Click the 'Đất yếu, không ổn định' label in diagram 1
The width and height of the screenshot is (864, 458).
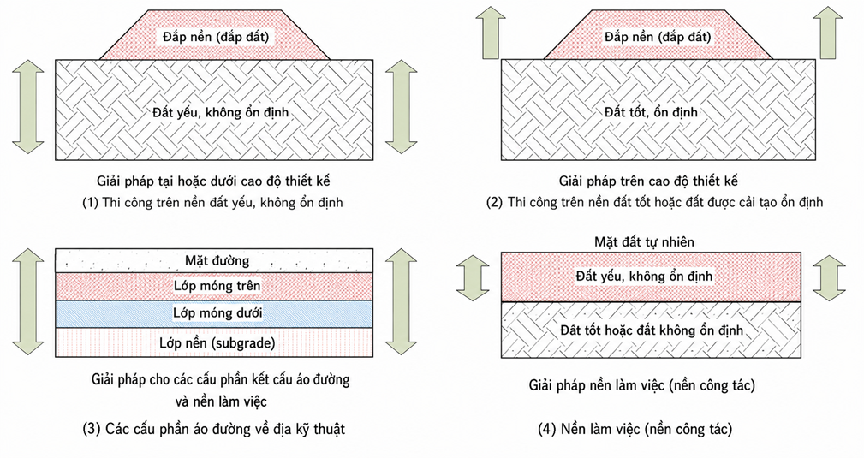coord(221,112)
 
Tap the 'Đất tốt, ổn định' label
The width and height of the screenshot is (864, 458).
coord(651,112)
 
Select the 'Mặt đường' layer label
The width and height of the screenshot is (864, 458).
coord(217,260)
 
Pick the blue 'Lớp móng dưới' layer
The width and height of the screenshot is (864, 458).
coord(214,313)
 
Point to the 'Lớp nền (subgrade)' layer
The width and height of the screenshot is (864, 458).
coord(214,342)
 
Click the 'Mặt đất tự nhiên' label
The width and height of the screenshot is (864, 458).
coord(644,242)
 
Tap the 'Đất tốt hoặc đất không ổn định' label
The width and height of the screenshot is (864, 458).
coord(652,330)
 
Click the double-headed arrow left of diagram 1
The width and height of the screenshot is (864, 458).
coord(28,106)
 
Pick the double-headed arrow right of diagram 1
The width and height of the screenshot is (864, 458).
coord(401,106)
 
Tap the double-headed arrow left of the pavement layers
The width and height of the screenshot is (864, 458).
coord(28,301)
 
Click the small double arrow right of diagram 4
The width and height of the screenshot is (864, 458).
coord(829,277)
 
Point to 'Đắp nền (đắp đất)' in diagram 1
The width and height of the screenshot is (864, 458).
coord(216,37)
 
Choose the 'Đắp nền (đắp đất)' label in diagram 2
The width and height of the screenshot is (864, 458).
coord(658,37)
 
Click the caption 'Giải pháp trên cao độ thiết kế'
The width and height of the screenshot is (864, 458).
coord(648,181)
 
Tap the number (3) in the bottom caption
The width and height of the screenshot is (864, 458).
coord(92,429)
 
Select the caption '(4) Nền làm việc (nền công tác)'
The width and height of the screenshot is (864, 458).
coord(635,429)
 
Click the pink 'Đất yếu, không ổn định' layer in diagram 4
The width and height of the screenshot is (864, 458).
coord(651,277)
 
